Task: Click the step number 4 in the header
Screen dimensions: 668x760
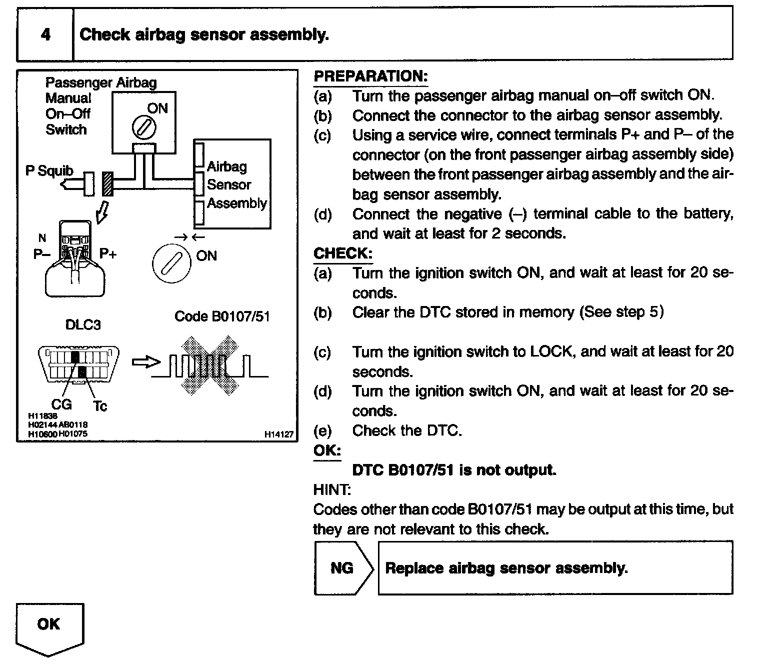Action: pyautogui.click(x=45, y=34)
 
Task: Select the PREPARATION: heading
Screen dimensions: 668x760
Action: pyautogui.click(x=370, y=76)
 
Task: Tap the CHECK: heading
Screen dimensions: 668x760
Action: pyautogui.click(x=342, y=253)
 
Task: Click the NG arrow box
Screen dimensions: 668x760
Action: pyautogui.click(x=343, y=568)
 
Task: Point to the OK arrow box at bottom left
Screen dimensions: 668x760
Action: pyautogui.click(x=49, y=627)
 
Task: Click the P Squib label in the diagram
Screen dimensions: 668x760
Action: pyautogui.click(x=49, y=171)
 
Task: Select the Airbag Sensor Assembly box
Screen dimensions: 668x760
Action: pyautogui.click(x=233, y=184)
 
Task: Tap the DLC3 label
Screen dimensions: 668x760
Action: pyautogui.click(x=83, y=325)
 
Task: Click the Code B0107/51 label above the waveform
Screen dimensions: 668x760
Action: pyautogui.click(x=222, y=316)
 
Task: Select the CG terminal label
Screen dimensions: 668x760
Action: pyautogui.click(x=61, y=403)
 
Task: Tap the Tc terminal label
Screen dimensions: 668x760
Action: pyautogui.click(x=100, y=405)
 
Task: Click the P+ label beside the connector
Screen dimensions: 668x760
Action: pyautogui.click(x=108, y=253)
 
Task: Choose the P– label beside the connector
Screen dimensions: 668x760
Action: pyautogui.click(x=41, y=254)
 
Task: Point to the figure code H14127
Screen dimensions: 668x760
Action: pyautogui.click(x=279, y=435)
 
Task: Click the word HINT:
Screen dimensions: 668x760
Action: pyautogui.click(x=332, y=489)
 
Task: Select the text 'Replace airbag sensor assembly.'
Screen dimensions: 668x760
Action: pyautogui.click(x=506, y=568)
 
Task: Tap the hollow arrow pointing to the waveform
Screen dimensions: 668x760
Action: pyautogui.click(x=146, y=362)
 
